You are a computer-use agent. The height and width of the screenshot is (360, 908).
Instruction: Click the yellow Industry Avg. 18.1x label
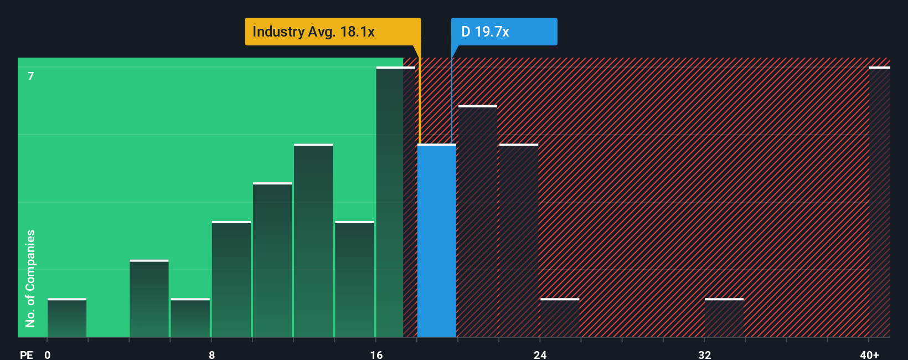point(332,32)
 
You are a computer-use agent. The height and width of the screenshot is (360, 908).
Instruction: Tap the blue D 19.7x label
point(504,32)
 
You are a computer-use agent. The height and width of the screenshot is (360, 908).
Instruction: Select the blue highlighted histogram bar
point(436,241)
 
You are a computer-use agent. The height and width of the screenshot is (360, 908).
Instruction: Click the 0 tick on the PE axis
point(48,354)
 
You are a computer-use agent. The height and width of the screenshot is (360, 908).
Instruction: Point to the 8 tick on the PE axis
point(211,354)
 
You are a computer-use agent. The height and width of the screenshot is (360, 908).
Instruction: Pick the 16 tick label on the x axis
point(376,354)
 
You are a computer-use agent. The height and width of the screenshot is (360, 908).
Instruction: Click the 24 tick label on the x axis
point(540,354)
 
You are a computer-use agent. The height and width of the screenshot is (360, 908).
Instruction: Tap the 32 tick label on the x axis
point(704,354)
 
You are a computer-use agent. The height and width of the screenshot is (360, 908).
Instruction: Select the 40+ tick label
point(869,354)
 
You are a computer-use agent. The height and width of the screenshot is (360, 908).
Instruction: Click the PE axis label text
point(26,354)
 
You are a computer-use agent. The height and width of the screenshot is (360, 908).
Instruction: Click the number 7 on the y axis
point(31,76)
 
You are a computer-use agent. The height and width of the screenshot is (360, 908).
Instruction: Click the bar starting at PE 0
point(67,318)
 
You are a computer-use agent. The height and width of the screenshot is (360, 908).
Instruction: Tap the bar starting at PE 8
point(231,279)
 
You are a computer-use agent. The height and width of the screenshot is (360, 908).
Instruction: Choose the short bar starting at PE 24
point(560,318)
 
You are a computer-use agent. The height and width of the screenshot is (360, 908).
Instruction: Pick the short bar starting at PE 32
point(724,318)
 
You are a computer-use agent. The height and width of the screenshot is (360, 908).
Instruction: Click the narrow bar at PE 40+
point(879,202)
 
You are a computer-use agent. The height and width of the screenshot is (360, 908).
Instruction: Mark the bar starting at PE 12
point(313,241)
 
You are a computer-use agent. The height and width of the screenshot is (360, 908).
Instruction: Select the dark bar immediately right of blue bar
point(478,222)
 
